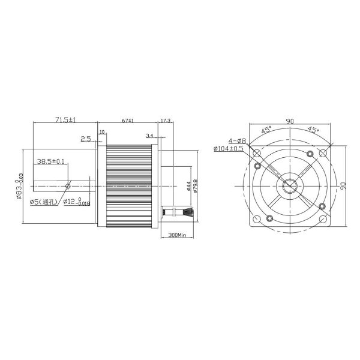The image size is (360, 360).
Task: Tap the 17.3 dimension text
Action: pyautogui.click(x=165, y=121)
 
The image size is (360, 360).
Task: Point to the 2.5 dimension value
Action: pyautogui.click(x=85, y=139)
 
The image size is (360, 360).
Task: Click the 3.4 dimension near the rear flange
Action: pyautogui.click(x=149, y=137)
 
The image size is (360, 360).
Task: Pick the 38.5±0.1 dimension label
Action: pyautogui.click(x=51, y=161)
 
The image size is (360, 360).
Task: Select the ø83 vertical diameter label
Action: pyautogui.click(x=20, y=186)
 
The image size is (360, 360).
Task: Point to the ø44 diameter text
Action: pyautogui.click(x=188, y=186)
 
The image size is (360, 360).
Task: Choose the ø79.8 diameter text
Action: pyautogui.click(x=196, y=186)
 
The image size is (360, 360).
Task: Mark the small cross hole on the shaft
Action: pyautogui.click(x=68, y=185)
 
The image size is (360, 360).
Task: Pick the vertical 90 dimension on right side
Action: pyautogui.click(x=343, y=186)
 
